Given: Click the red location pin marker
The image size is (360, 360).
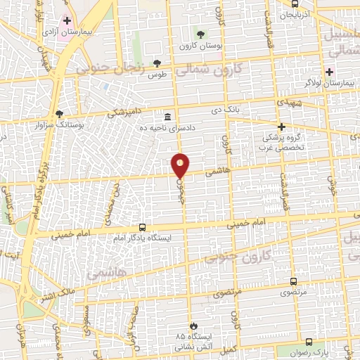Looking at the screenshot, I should (x=181, y=165).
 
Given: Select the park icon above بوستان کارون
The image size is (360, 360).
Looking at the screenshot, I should (x=201, y=34).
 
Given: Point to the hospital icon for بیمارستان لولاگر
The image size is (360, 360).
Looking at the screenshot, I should (x=330, y=72).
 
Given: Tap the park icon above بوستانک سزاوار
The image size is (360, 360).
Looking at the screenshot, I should (x=59, y=114).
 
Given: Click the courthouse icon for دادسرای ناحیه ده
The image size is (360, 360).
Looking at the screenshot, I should (x=167, y=117).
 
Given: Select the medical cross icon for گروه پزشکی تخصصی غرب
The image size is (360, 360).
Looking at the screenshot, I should (x=281, y=127).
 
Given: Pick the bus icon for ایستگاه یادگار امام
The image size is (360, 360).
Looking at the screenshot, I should (x=143, y=227).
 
